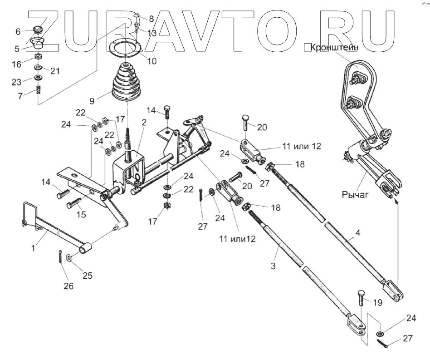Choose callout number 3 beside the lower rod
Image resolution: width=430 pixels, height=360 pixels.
point(273,266)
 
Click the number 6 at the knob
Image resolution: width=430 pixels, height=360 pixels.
point(18,31)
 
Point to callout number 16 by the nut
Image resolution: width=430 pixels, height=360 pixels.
point(17,64)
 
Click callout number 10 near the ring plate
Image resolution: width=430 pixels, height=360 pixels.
point(152,60)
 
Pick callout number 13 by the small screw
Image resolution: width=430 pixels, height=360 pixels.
point(152,33)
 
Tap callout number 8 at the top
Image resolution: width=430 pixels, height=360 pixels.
point(151,20)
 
